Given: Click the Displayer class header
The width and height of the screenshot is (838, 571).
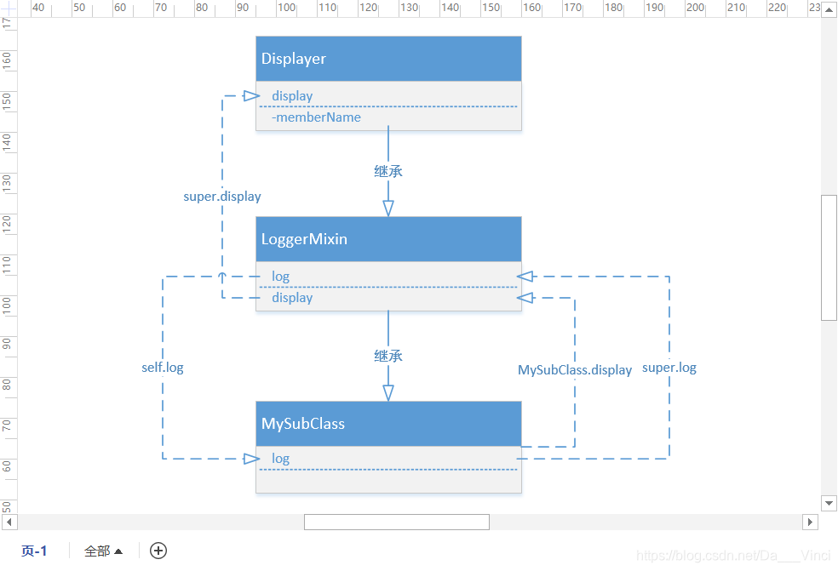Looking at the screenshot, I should [x=388, y=59].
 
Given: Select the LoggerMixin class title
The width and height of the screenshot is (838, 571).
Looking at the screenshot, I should [x=388, y=239].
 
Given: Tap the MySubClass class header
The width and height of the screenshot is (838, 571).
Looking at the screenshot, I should [x=388, y=424].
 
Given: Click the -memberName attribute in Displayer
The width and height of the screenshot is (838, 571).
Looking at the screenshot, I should [x=316, y=117].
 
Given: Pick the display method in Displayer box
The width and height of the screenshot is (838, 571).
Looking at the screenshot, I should [x=292, y=96].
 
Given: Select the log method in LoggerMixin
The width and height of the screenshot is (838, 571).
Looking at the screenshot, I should [x=280, y=277].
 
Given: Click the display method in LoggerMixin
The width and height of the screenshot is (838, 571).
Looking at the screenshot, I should [x=292, y=298].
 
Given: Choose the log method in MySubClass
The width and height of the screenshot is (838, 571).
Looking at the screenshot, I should [x=280, y=459].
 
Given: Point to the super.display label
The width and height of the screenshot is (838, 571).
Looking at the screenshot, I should [x=222, y=197].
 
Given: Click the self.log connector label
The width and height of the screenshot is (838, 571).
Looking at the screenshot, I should [x=163, y=368].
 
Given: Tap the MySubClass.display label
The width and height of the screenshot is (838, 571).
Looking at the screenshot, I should [x=575, y=370].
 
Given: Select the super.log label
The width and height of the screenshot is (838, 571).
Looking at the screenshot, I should [x=669, y=368].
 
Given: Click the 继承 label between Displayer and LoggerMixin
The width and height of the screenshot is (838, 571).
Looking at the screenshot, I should [x=388, y=171].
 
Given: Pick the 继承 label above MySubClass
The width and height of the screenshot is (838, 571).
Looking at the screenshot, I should [x=388, y=356].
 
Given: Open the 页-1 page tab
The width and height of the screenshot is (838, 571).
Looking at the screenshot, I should [x=34, y=551].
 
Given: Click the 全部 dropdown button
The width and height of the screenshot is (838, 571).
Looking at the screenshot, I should [x=103, y=551].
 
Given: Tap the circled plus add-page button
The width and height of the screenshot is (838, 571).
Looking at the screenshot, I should [x=158, y=551].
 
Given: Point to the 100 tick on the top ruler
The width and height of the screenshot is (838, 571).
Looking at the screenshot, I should [x=285, y=8].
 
